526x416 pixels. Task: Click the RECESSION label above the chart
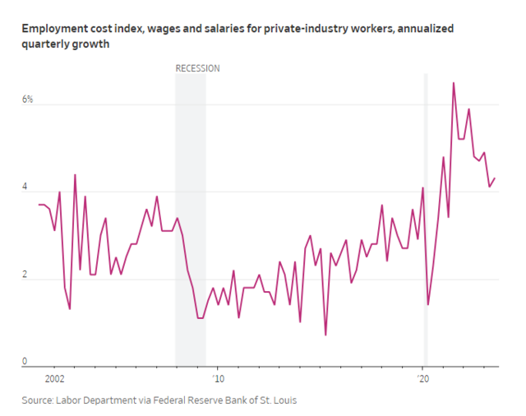click(x=197, y=68)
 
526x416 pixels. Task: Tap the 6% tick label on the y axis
click(x=27, y=99)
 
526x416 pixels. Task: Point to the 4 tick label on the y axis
click(x=25, y=187)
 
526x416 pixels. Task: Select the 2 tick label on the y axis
click(x=25, y=275)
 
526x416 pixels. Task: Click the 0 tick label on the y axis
click(x=25, y=361)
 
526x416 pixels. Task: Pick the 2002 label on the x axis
click(x=54, y=378)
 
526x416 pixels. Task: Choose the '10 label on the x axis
click(x=217, y=378)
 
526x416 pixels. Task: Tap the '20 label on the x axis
click(x=424, y=378)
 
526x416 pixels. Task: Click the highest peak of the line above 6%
click(x=454, y=82)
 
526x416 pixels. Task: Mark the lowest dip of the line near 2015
click(x=325, y=335)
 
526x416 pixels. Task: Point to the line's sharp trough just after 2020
click(x=428, y=304)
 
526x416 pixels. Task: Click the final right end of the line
click(x=495, y=178)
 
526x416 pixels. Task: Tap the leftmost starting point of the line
click(x=38, y=204)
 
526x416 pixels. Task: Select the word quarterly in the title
click(x=48, y=44)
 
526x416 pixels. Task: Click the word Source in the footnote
click(x=36, y=400)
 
